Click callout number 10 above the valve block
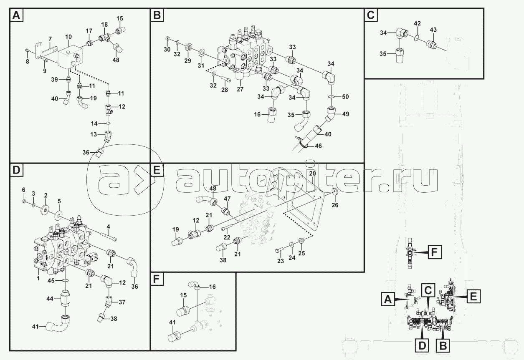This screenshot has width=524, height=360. point(68,37)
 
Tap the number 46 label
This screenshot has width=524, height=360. point(318,146)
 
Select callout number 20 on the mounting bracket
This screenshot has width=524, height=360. point(313,173)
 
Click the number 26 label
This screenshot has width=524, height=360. point(334,205)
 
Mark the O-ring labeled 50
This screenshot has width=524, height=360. point(331,97)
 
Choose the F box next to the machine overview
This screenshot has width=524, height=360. point(434,252)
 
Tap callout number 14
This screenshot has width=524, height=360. point(94,123)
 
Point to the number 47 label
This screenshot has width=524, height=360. point(227,198)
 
